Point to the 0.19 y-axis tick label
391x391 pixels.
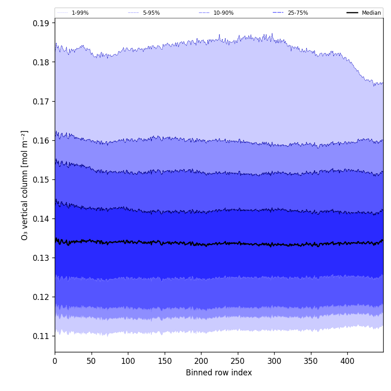[x=42, y=23]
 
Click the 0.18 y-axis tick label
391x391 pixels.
[x=42, y=62]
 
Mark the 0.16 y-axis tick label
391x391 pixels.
[x=42, y=140]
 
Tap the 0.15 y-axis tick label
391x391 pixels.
[x=42, y=179]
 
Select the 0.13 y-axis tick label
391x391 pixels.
[x=42, y=258]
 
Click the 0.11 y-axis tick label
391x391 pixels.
[x=42, y=336]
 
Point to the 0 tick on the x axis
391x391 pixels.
[x=55, y=361]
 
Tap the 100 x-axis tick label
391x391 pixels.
[x=128, y=361]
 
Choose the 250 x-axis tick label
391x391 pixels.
[x=238, y=361]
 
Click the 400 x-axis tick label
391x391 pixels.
[x=347, y=361]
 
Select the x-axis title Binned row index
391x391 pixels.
[x=219, y=373]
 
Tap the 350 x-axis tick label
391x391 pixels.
[x=311, y=361]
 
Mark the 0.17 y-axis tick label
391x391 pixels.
[x=42, y=101]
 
